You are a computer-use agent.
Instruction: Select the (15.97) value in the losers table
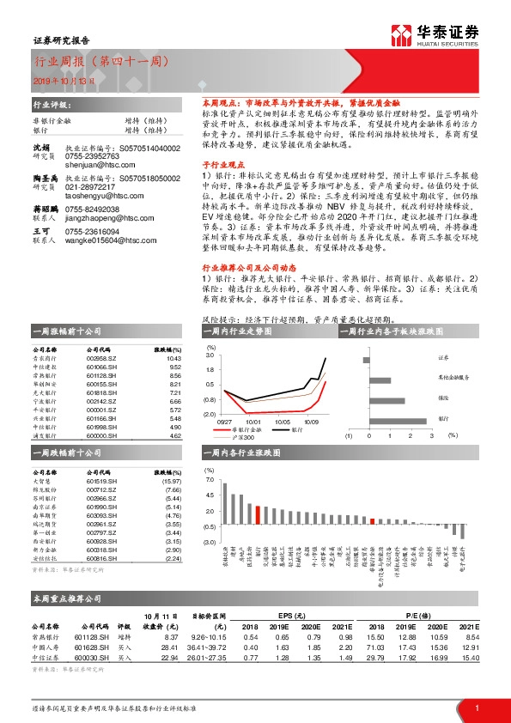(x=173, y=481)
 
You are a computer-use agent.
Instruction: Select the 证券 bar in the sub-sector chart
(x=369, y=359)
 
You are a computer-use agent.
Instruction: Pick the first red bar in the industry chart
(x=257, y=514)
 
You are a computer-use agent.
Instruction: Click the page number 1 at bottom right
(x=477, y=708)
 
